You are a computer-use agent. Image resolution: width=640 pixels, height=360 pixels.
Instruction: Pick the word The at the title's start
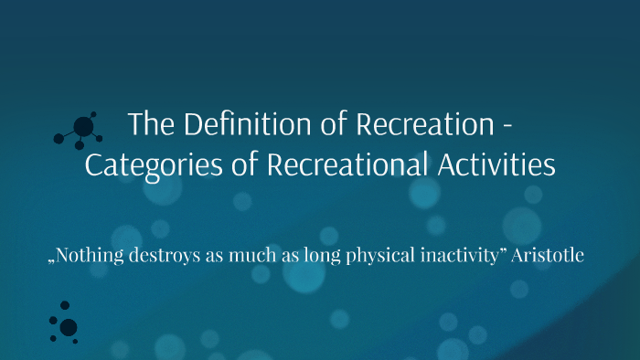(x=145, y=124)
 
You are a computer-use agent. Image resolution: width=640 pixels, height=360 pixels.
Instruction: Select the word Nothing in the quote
(x=91, y=256)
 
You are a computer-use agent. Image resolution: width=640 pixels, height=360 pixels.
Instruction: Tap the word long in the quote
(x=316, y=257)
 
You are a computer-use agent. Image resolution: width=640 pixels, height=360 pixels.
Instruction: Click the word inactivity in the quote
(x=453, y=257)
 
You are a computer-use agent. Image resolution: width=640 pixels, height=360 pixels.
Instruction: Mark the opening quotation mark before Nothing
(x=52, y=260)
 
